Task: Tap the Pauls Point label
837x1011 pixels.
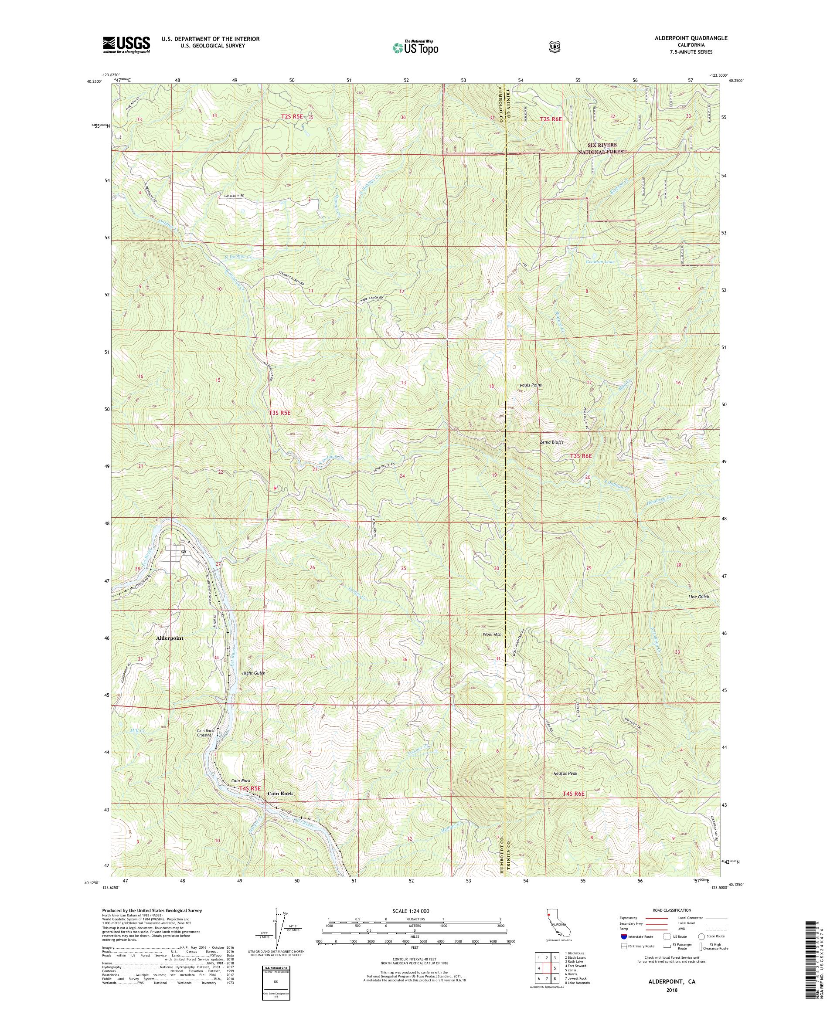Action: (531, 385)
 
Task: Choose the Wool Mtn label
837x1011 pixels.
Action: (492, 634)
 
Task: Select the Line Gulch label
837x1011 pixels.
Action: (699, 597)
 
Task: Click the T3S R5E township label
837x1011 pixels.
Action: (280, 413)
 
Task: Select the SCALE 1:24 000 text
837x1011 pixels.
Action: (415, 911)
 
